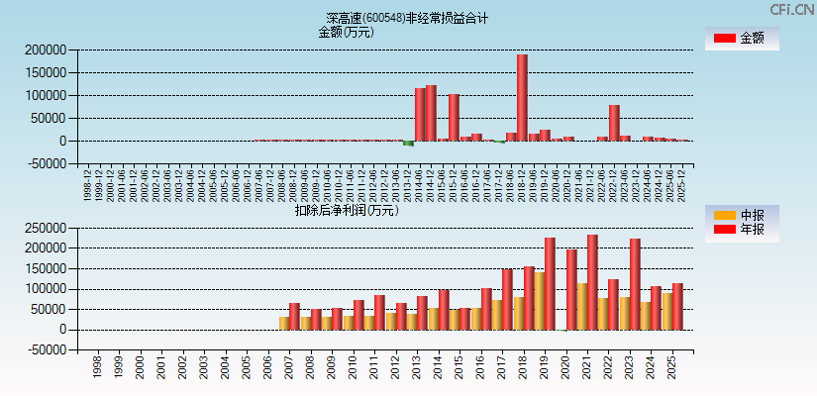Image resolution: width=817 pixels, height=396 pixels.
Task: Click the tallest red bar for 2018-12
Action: (522, 97)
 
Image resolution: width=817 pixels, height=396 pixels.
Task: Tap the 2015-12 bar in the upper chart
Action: (454, 117)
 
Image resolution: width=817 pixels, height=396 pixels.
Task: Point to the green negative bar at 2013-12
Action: (408, 144)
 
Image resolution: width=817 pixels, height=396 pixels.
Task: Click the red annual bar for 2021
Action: (592, 282)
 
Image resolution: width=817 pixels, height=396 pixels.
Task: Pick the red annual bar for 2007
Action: (294, 317)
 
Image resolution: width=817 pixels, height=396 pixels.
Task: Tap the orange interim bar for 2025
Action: (666, 311)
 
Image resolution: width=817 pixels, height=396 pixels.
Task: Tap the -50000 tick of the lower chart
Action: (47, 350)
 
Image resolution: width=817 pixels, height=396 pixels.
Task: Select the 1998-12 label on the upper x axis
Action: (89, 184)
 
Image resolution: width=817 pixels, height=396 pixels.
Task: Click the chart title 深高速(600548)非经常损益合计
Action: (407, 18)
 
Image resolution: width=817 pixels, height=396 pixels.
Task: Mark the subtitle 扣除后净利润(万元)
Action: (346, 210)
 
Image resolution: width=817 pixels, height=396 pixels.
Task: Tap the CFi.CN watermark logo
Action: (791, 9)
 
